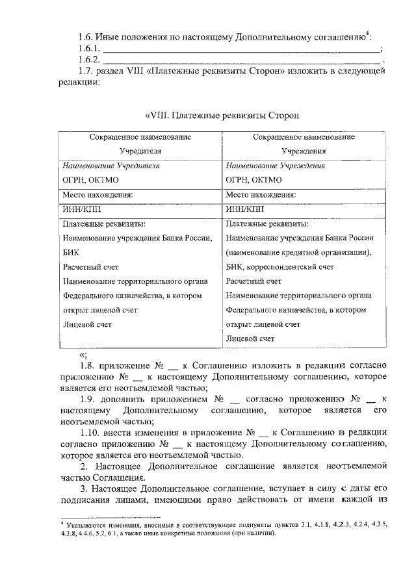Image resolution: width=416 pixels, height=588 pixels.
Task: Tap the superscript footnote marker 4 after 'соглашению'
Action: click(x=367, y=33)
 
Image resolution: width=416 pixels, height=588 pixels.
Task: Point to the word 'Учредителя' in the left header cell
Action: click(x=140, y=151)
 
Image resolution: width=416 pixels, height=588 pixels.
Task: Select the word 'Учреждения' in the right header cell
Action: click(x=303, y=151)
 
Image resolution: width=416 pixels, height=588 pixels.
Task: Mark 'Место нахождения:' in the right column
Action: click(x=261, y=194)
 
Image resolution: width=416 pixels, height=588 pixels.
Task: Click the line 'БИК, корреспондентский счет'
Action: click(x=280, y=267)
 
